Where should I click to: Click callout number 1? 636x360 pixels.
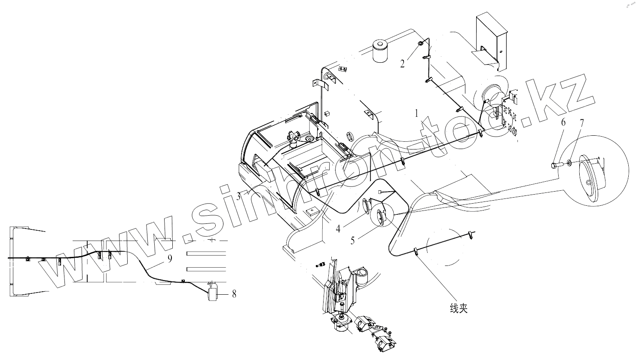(x=416, y=114)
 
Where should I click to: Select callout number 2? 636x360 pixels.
(x=403, y=64)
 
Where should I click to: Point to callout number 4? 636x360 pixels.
(x=339, y=229)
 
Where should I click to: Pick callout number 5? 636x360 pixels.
(x=353, y=241)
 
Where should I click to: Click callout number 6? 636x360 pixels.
(x=563, y=123)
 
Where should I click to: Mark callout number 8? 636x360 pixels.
(x=234, y=294)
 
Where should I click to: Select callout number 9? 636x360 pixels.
(x=170, y=258)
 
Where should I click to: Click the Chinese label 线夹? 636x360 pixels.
(x=458, y=308)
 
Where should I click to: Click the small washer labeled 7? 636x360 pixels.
(x=569, y=163)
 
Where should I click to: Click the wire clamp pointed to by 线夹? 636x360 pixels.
(x=416, y=252)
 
